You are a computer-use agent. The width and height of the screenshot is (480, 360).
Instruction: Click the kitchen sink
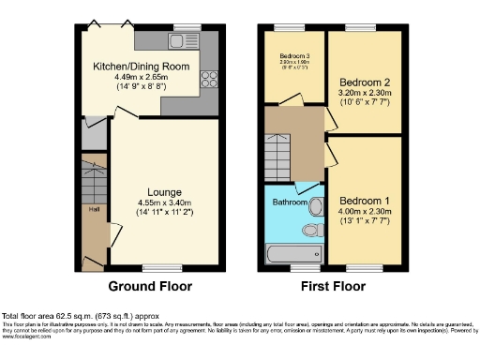tap(178, 40)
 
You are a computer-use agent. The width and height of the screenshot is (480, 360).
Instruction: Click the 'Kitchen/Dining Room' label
tap(141, 67)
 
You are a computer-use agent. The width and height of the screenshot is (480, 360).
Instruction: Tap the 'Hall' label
tap(95, 210)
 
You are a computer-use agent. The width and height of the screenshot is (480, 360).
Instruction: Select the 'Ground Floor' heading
tap(150, 286)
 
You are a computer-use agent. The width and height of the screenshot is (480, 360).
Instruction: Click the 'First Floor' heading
tap(333, 286)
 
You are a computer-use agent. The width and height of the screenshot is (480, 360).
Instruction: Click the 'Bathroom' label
tap(286, 202)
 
